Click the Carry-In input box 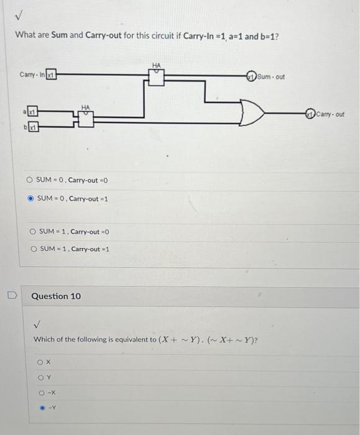pyautogui.click(x=52, y=75)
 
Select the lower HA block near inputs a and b pyautogui.click(x=85, y=119)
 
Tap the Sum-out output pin pyautogui.click(x=251, y=76)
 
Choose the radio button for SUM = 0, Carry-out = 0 pyautogui.click(x=29, y=181)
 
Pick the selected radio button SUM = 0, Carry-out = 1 pyautogui.click(x=29, y=199)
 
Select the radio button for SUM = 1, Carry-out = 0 pyautogui.click(x=32, y=232)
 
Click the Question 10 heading pyautogui.click(x=56, y=296)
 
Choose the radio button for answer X pyautogui.click(x=40, y=361)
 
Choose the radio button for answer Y pyautogui.click(x=40, y=377)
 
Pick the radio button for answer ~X pyautogui.click(x=40, y=393)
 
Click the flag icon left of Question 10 pyautogui.click(x=11, y=295)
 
